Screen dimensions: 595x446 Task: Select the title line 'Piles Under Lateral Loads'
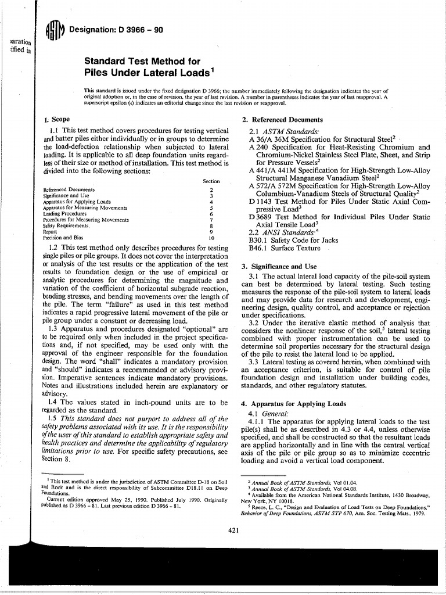[146, 73]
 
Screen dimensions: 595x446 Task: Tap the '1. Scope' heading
[57, 119]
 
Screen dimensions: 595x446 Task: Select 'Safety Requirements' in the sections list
[66, 225]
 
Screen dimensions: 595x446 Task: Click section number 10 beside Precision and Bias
[211, 238]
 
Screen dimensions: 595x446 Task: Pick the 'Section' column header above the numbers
[211, 181]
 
